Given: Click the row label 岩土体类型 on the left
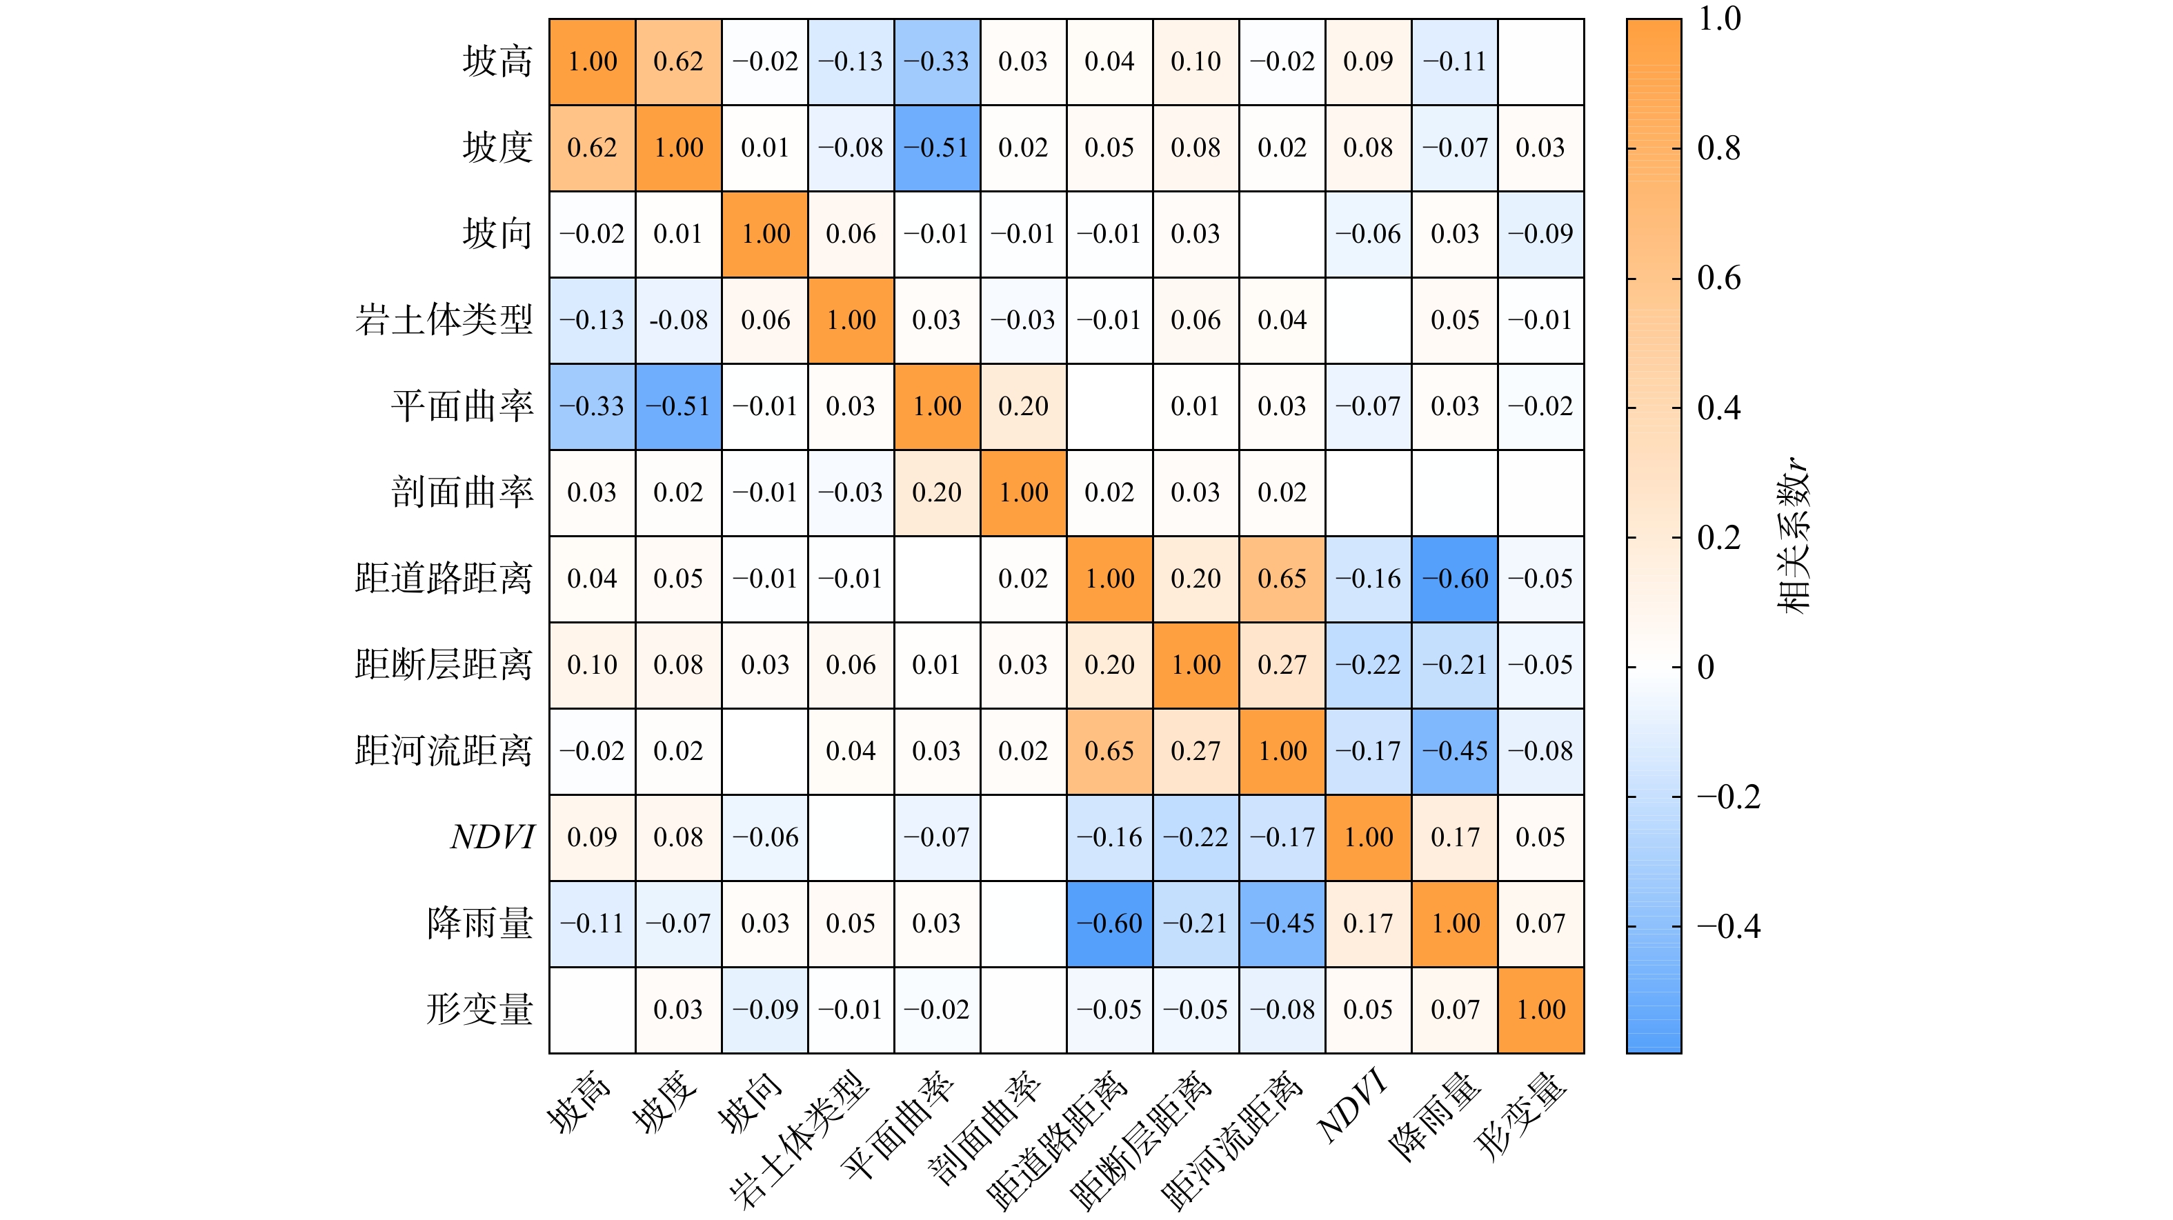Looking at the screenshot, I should coord(444,321).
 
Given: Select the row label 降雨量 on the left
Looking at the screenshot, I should coord(480,923).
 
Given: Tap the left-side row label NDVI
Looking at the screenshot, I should coord(493,837).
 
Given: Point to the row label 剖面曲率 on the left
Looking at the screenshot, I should coord(462,492).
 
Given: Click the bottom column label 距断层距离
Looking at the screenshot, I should coord(1140,1138).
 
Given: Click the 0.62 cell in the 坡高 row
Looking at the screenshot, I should coord(678,61).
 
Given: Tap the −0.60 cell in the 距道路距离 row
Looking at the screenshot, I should coord(1455,579).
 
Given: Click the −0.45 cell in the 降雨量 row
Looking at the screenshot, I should coord(1282,923).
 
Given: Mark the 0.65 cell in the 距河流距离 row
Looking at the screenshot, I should coord(1109,751).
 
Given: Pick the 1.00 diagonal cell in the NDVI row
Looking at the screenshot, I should coord(1368,837).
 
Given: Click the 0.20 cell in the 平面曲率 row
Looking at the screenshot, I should coord(1023,406).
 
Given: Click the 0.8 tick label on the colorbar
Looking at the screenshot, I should coord(1718,148).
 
